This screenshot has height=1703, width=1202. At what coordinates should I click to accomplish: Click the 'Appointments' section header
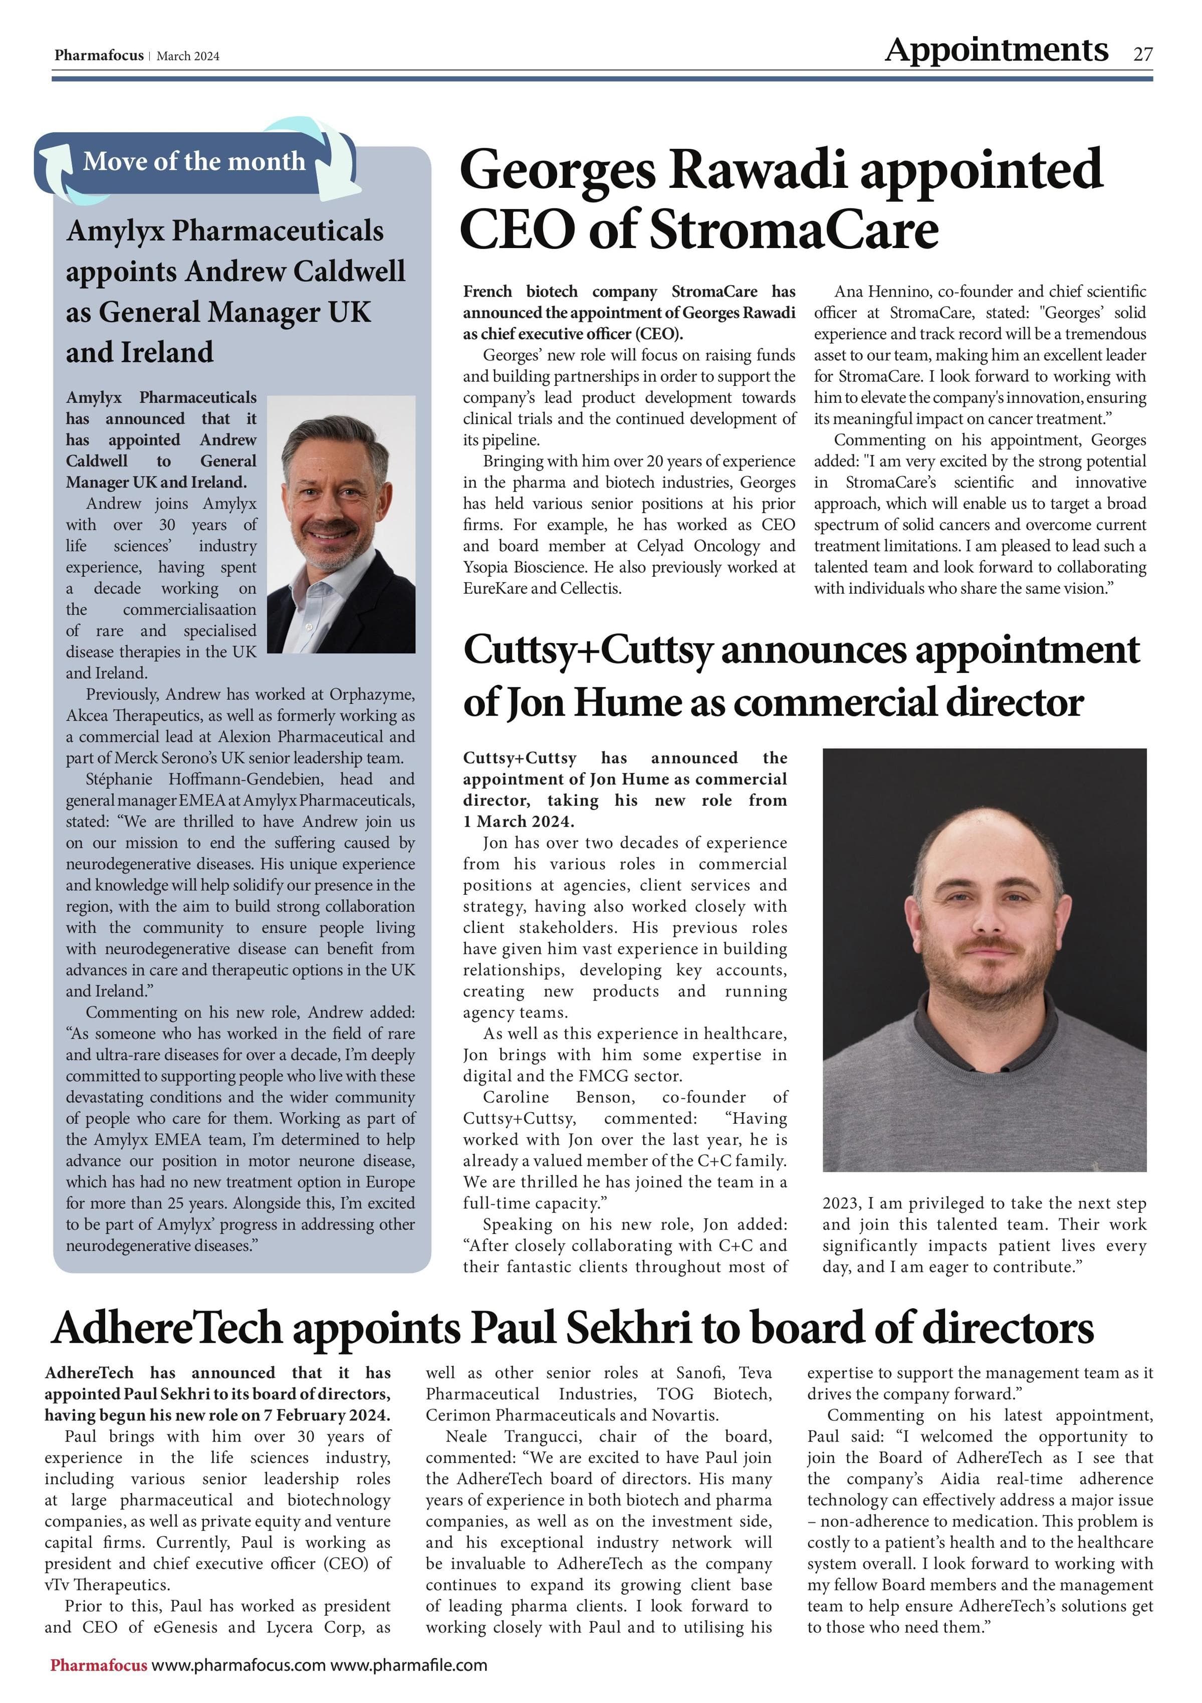[996, 50]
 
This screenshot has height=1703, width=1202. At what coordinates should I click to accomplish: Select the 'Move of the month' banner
[194, 161]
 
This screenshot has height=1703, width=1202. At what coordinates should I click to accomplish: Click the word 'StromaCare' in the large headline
[794, 230]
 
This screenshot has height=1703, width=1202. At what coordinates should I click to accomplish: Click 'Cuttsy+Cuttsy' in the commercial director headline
[587, 650]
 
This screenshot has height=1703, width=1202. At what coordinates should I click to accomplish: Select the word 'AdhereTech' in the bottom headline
[167, 1328]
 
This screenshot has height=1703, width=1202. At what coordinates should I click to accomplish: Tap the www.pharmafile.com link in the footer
[409, 1664]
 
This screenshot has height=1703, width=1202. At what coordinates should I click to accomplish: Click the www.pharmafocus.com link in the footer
[239, 1664]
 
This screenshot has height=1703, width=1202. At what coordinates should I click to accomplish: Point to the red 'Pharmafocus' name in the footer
[99, 1664]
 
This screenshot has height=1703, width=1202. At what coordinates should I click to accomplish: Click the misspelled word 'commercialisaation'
[189, 610]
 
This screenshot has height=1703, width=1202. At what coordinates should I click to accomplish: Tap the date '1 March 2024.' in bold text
[518, 821]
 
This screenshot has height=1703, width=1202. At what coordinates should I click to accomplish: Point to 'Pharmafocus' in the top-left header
[99, 56]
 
